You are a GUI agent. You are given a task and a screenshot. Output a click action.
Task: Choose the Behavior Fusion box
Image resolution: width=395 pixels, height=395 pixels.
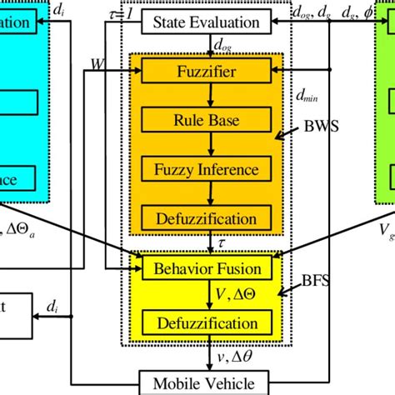[x=207, y=268]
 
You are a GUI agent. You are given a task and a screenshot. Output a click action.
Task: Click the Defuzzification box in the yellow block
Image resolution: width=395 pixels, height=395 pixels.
[x=207, y=322]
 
